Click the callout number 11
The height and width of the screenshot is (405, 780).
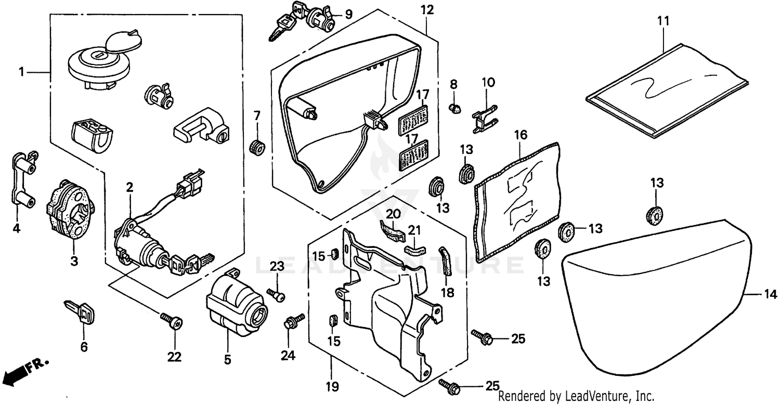click(x=663, y=21)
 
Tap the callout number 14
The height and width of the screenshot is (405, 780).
click(x=770, y=295)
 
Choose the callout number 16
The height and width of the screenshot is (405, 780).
click(x=521, y=136)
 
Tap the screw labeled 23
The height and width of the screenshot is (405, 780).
click(x=277, y=296)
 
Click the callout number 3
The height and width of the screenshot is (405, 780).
click(x=74, y=261)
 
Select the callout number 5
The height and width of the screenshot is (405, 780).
click(x=227, y=359)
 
